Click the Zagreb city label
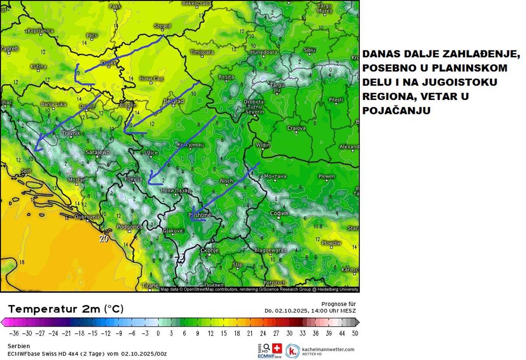point(10,49)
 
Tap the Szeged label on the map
point(162,26)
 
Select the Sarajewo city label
point(97,152)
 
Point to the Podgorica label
point(130,227)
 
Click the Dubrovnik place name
point(88,217)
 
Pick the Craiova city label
point(296,128)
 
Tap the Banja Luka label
point(53,104)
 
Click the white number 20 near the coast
point(103,239)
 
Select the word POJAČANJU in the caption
point(396,111)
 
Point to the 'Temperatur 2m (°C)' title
point(66,309)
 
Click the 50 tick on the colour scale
point(355,333)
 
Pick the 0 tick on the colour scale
point(158,333)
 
